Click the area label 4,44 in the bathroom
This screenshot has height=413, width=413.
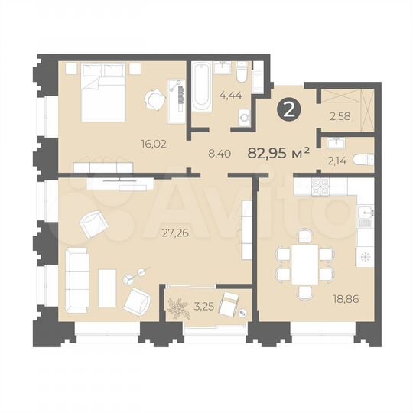[229, 96]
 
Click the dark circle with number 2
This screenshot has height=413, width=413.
[288, 110]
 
